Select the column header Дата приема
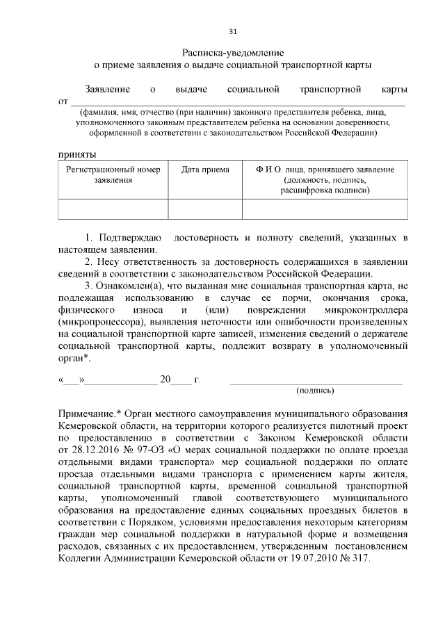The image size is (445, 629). point(205,170)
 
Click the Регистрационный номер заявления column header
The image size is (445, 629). point(113,174)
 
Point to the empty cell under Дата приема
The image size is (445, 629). point(205,209)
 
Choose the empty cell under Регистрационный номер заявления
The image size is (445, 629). point(113,209)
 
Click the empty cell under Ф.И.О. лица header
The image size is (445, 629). point(325,209)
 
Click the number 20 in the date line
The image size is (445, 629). point(165,380)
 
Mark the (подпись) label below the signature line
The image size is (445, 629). point(315,391)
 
